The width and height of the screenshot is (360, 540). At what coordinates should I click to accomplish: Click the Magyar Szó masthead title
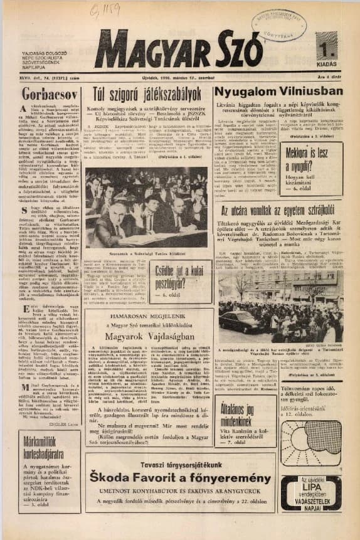(x=179, y=49)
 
